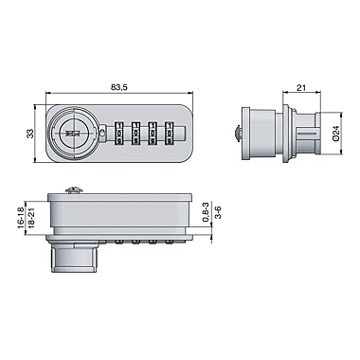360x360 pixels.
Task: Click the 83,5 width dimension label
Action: pyautogui.click(x=118, y=88)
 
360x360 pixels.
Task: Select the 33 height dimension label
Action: pyautogui.click(x=30, y=134)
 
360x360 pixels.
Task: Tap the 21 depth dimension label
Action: pyautogui.click(x=301, y=87)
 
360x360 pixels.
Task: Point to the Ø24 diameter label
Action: pyautogui.click(x=335, y=133)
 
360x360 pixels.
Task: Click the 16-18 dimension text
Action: pyautogui.click(x=21, y=217)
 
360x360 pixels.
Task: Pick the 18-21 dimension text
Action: pyautogui.click(x=31, y=217)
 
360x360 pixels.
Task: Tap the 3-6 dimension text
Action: pyautogui.click(x=218, y=212)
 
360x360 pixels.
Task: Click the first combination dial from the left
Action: pyautogui.click(x=118, y=134)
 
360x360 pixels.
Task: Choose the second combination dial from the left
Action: pyautogui.click(x=135, y=134)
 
